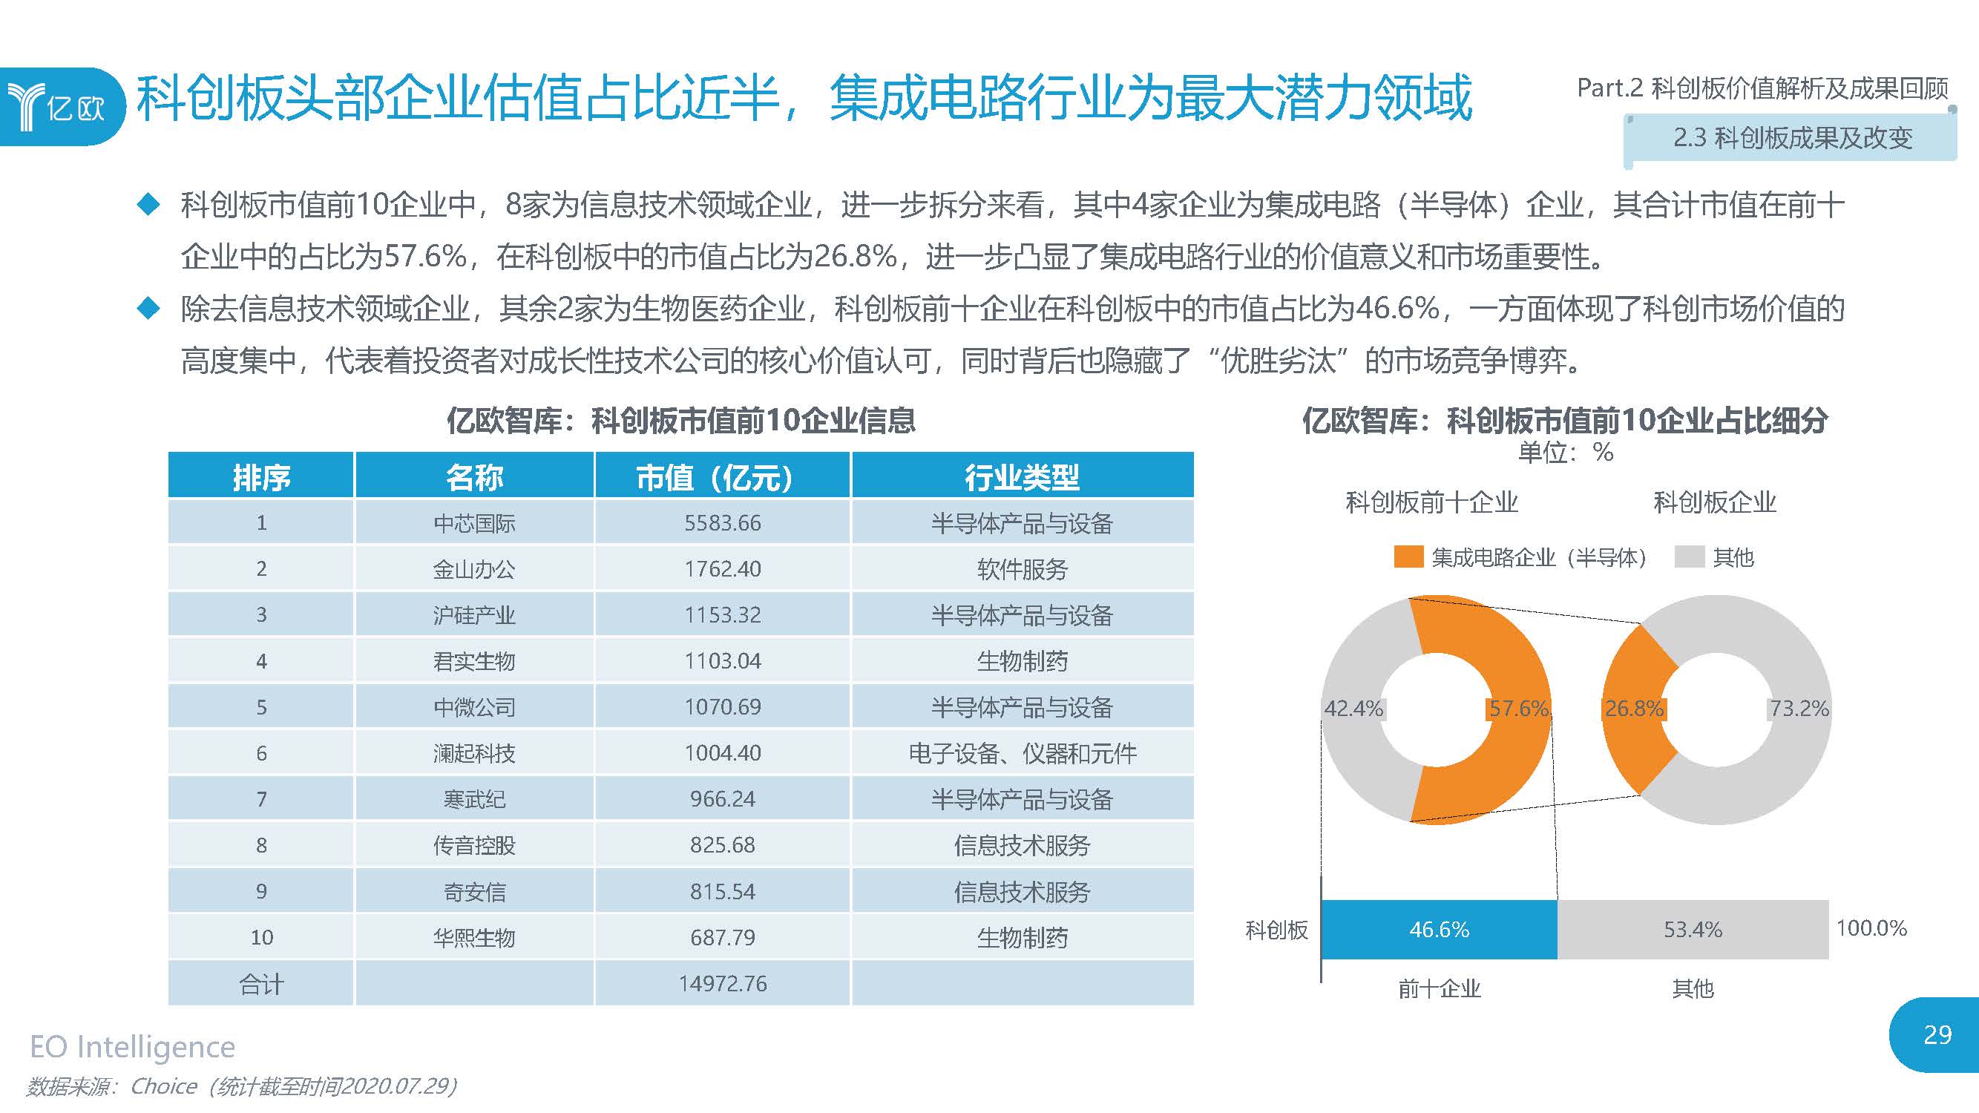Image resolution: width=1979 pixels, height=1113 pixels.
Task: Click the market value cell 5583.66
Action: pyautogui.click(x=722, y=523)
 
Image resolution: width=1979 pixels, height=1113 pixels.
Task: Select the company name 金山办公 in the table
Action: pyautogui.click(x=474, y=569)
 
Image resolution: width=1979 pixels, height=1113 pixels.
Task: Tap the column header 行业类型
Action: pyautogui.click(x=1022, y=477)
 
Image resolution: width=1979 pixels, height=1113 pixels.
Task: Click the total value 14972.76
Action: pyautogui.click(x=722, y=983)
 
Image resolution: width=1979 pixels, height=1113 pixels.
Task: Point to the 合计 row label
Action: pyautogui.click(x=261, y=984)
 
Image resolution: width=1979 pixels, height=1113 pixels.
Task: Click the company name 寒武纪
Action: pyautogui.click(x=474, y=800)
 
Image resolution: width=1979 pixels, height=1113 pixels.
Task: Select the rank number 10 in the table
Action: pyautogui.click(x=261, y=937)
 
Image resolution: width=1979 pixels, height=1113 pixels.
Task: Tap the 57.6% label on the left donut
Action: pyautogui.click(x=1518, y=708)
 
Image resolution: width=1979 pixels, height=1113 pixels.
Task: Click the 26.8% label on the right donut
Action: pyautogui.click(x=1634, y=708)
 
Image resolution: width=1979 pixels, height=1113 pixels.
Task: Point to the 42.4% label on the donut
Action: pyautogui.click(x=1353, y=708)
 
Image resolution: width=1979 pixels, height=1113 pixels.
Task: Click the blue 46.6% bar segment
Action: pyautogui.click(x=1439, y=930)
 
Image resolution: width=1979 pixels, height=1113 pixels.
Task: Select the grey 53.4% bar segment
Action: pyautogui.click(x=1693, y=930)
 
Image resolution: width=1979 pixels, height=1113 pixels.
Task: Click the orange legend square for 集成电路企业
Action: pyautogui.click(x=1408, y=557)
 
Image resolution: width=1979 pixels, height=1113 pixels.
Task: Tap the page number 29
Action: pyautogui.click(x=1937, y=1034)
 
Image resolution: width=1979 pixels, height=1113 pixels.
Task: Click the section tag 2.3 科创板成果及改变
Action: pyautogui.click(x=1792, y=138)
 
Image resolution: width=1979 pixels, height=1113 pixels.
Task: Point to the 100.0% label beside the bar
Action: pyautogui.click(x=1871, y=928)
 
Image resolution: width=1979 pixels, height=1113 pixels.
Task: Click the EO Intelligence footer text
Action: pyautogui.click(x=132, y=1047)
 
